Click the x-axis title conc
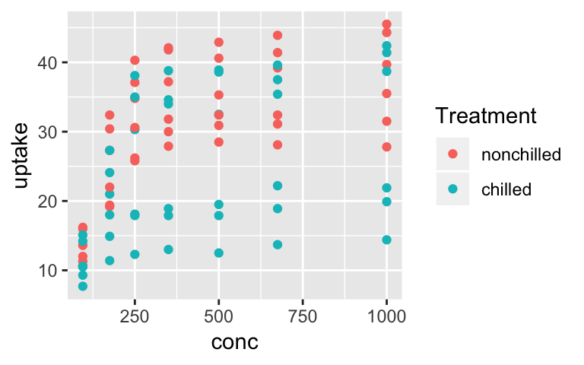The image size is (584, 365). [x=235, y=342]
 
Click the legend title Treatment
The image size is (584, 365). [x=486, y=116]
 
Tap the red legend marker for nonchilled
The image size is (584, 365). [x=454, y=154]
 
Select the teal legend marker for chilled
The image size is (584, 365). [x=454, y=188]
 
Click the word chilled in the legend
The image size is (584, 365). [x=506, y=188]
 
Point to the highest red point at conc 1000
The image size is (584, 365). [x=386, y=24]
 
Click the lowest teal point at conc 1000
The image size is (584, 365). [x=386, y=240]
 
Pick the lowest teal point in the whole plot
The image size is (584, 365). [x=83, y=286]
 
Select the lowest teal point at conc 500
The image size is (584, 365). [x=219, y=252]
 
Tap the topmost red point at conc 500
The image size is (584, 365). [x=219, y=43]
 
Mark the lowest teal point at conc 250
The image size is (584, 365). [x=135, y=254]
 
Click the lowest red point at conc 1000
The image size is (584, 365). [x=386, y=147]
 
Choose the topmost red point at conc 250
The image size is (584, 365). [x=135, y=60]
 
